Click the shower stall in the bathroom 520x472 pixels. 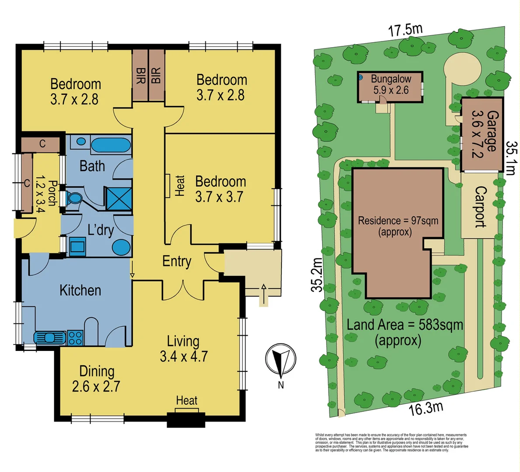118,199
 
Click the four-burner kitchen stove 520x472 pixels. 75,338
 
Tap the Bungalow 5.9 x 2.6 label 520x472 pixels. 391,85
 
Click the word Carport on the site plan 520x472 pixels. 480,207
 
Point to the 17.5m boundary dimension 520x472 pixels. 406,31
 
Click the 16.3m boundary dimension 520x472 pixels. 426,408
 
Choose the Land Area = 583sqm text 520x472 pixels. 404,332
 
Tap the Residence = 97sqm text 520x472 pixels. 398,226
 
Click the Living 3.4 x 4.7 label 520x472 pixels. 184,349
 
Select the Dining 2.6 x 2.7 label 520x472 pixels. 97,378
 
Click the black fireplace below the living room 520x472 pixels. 186,420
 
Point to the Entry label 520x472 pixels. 177,261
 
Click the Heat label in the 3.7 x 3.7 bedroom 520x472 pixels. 180,185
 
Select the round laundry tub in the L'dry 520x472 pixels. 121,247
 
